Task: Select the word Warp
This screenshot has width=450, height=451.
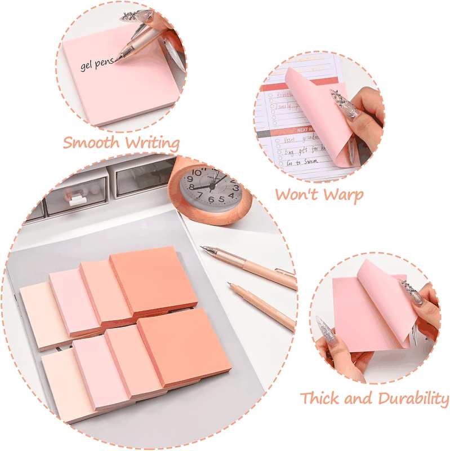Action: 342,194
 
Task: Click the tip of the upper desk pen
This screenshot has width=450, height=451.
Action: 203,247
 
